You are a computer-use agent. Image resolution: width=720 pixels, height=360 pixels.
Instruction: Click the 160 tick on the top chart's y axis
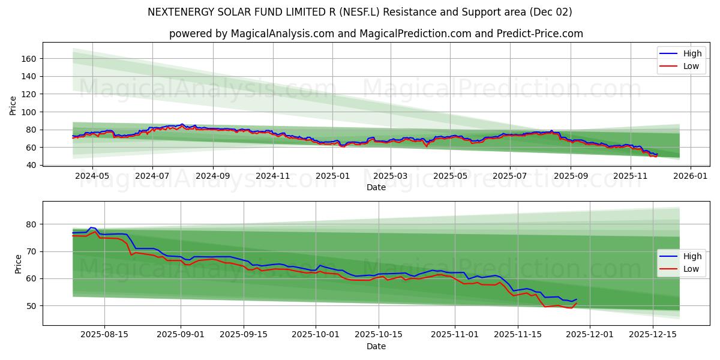30,58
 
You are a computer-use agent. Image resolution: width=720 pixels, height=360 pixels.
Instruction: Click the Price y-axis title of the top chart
13,106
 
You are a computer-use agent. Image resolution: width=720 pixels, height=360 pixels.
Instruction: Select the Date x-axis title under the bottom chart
376,346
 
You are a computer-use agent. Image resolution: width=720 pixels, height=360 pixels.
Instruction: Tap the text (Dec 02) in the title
550,12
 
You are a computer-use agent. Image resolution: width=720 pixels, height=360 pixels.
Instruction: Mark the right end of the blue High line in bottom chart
577,299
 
